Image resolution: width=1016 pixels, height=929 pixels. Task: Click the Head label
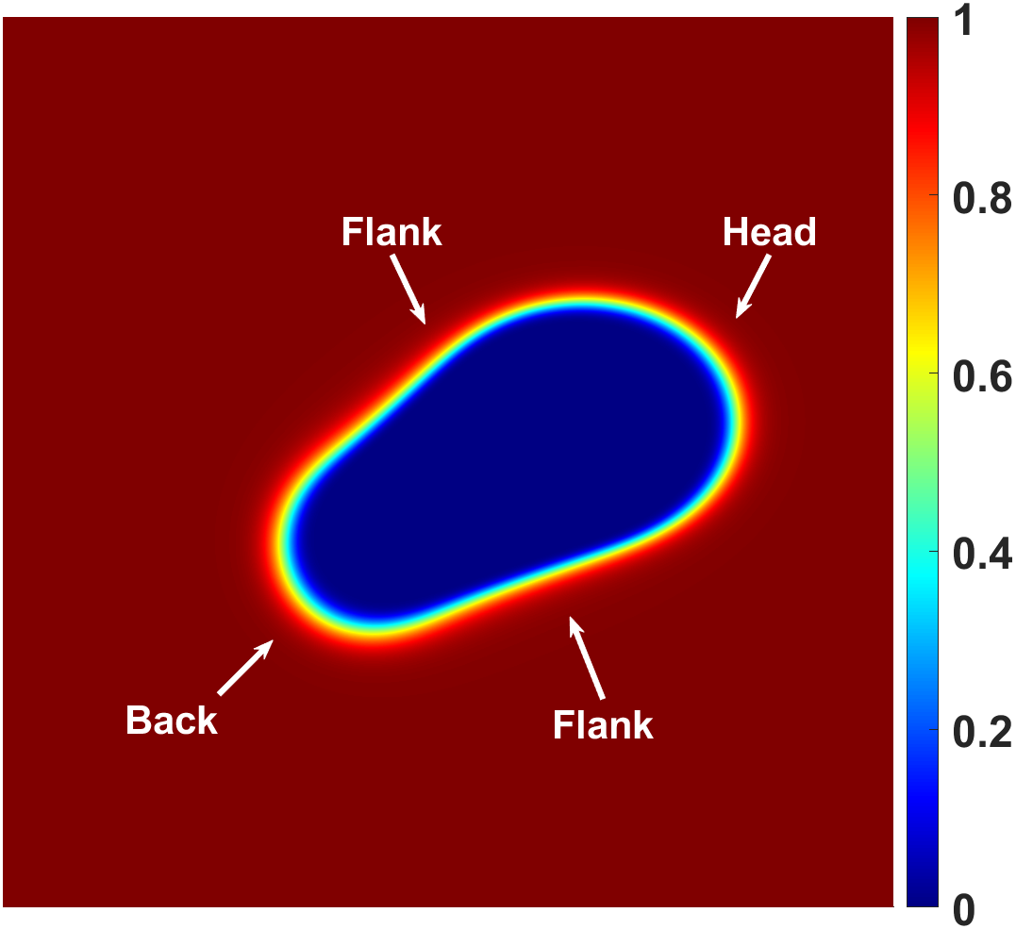click(x=769, y=232)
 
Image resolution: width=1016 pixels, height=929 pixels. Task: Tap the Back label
click(x=172, y=720)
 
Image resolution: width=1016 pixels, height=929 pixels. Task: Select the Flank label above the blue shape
click(x=391, y=232)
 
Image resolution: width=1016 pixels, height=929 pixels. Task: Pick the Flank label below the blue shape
click(x=603, y=724)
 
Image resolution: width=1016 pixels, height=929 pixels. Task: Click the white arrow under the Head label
click(x=753, y=287)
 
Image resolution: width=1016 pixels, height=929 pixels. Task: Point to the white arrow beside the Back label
click(x=245, y=667)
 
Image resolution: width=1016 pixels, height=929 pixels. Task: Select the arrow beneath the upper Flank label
click(x=408, y=289)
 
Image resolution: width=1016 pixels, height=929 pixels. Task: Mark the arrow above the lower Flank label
click(x=587, y=657)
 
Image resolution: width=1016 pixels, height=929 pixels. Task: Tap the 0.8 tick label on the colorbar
click(x=982, y=198)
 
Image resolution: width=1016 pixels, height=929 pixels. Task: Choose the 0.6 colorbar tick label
click(x=982, y=376)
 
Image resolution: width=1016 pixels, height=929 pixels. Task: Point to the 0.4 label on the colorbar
click(x=982, y=555)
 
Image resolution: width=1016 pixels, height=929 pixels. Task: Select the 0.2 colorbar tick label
click(x=982, y=733)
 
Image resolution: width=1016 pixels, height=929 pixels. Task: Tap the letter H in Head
click(x=734, y=232)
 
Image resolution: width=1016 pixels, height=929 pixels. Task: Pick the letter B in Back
click(x=137, y=720)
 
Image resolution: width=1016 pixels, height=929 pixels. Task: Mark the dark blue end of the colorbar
click(x=922, y=894)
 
